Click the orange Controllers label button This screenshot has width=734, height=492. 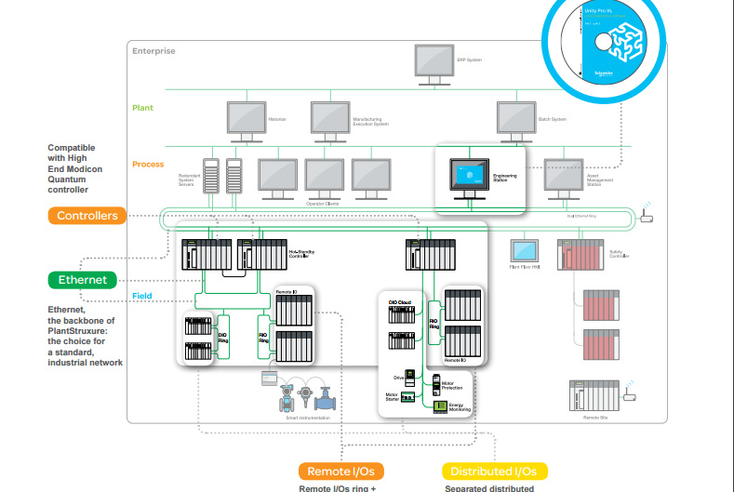tap(87, 216)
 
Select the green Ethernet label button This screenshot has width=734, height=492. tap(83, 280)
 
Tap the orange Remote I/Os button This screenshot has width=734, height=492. tap(340, 472)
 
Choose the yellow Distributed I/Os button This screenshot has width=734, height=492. tap(494, 472)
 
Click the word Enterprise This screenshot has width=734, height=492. tap(153, 52)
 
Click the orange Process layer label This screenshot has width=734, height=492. tap(147, 164)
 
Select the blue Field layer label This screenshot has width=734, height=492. tap(141, 297)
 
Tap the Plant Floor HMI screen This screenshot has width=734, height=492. tap(525, 251)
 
